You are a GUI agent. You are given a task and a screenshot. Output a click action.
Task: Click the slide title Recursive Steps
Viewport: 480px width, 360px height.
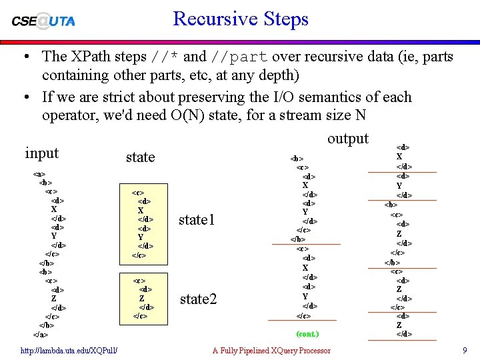pyautogui.click(x=241, y=19)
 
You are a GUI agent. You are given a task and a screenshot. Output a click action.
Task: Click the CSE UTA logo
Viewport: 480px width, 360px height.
pyautogui.click(x=43, y=21)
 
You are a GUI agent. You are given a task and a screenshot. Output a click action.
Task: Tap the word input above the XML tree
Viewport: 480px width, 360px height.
pyautogui.click(x=42, y=153)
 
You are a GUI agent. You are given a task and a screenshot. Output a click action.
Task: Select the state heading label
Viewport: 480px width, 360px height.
pyautogui.click(x=140, y=157)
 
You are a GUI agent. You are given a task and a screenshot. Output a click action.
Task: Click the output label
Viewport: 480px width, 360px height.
pyautogui.click(x=347, y=138)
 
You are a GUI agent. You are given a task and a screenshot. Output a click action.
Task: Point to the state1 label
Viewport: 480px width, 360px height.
pyautogui.click(x=197, y=219)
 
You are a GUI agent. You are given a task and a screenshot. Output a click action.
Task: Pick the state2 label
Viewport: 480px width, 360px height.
pyautogui.click(x=199, y=299)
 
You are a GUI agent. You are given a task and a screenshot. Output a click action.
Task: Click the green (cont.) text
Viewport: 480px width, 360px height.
pyautogui.click(x=307, y=333)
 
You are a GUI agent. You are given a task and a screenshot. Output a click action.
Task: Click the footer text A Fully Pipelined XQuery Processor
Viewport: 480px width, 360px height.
pyautogui.click(x=271, y=351)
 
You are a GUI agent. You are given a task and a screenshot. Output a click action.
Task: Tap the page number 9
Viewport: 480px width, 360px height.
pyautogui.click(x=464, y=351)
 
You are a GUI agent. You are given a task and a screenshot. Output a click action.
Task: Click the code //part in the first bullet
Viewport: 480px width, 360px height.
pyautogui.click(x=239, y=57)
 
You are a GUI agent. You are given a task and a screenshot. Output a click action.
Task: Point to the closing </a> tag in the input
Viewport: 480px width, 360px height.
pyautogui.click(x=39, y=334)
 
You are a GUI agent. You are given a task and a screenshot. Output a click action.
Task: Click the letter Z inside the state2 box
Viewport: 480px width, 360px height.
pyautogui.click(x=142, y=298)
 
